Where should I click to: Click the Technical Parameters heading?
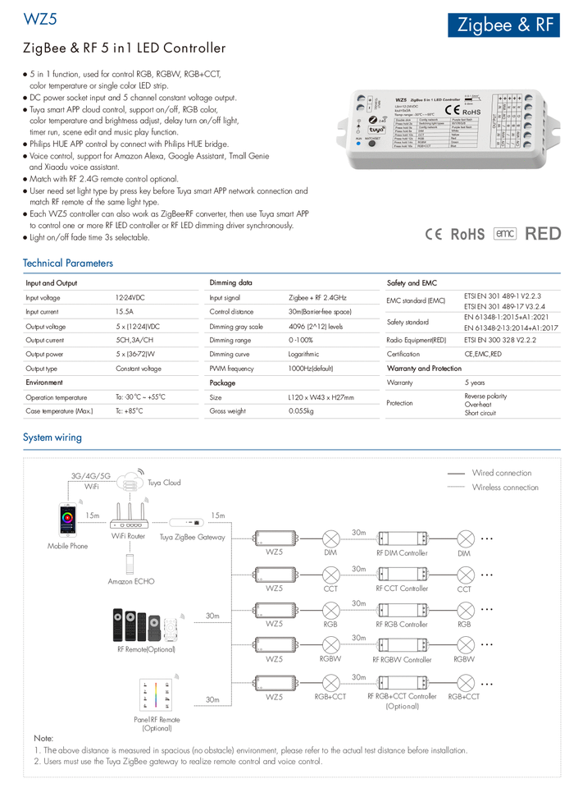68,263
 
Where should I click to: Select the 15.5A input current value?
124,312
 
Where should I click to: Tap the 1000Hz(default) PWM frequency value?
311,369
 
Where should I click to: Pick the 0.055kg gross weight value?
301,410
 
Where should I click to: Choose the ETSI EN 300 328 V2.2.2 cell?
499,340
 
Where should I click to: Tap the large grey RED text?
543,233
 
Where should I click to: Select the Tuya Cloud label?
164,483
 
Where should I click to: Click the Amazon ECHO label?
131,581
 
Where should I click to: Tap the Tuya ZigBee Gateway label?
192,537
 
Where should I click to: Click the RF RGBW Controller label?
402,659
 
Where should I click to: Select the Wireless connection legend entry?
505,488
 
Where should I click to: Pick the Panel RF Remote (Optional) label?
157,724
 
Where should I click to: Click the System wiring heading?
52,438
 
